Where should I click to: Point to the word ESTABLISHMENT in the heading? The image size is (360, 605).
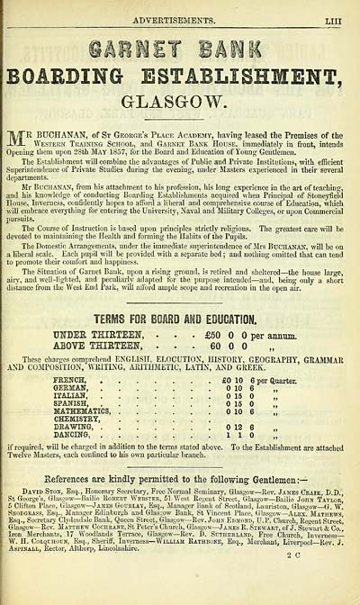pos(247,71)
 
